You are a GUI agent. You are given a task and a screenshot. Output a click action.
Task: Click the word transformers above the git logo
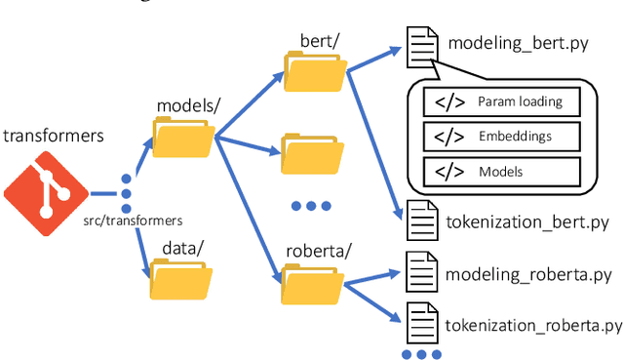[53, 136]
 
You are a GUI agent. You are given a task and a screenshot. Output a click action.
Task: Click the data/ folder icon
[180, 279]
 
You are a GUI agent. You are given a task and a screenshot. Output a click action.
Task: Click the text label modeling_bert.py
[515, 44]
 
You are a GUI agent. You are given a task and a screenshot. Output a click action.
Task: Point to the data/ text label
[180, 247]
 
